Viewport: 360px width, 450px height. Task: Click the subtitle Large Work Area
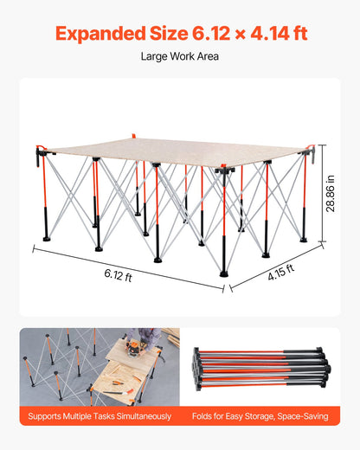pos(179,57)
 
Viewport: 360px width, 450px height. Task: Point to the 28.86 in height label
pos(331,193)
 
